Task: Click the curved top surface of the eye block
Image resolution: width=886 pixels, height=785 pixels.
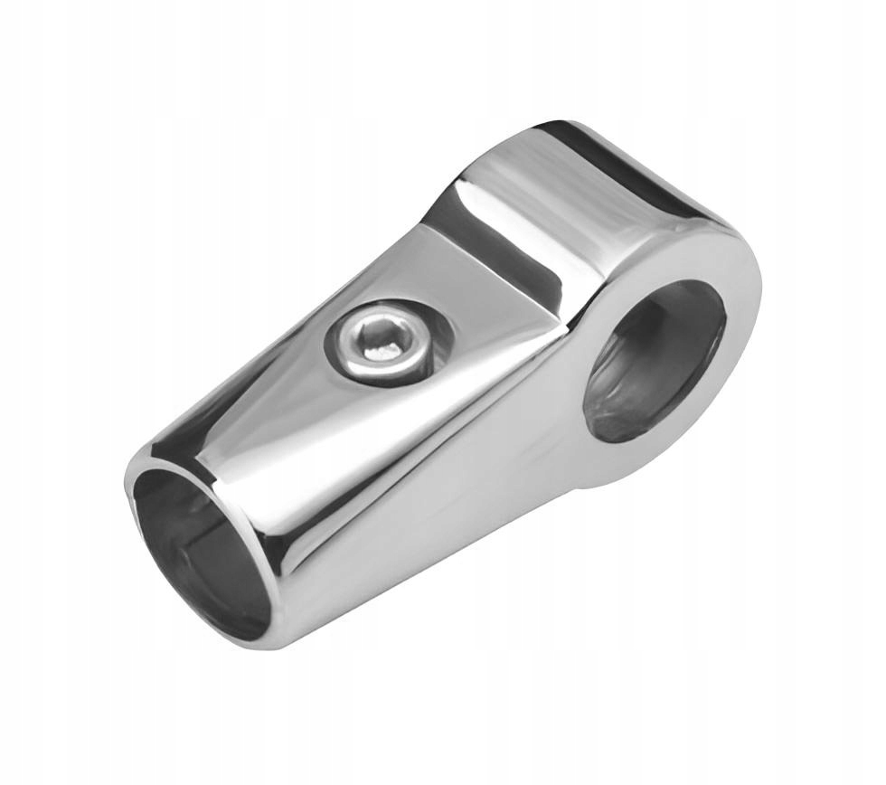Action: click(579, 194)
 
